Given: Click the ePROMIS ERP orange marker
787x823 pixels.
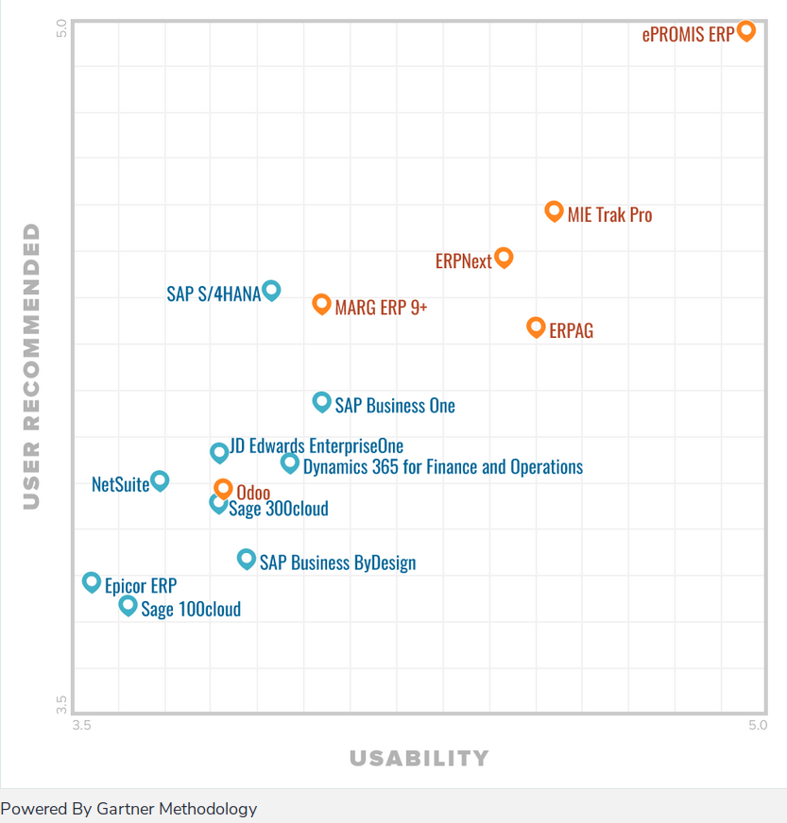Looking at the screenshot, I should point(745,30).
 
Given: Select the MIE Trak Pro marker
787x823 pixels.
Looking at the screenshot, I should point(554,210).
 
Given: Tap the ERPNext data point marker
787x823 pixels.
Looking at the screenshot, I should point(504,256).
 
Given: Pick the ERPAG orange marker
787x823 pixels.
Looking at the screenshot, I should point(536,327).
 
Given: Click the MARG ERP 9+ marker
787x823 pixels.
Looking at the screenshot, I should point(321,303).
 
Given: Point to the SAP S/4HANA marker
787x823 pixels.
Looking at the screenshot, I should point(271,289).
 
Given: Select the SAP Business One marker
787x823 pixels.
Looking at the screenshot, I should point(321,401).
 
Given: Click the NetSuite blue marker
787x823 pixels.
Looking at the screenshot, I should point(160,480).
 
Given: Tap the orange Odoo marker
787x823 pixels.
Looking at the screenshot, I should point(223,488).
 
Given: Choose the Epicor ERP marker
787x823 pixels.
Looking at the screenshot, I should point(91,581).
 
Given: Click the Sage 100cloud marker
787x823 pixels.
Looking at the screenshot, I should point(128,605).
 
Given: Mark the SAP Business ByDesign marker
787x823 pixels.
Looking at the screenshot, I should point(246,559).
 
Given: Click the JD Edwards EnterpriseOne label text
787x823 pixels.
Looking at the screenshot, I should point(316,446).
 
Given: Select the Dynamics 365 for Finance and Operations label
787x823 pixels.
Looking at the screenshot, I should point(442,466).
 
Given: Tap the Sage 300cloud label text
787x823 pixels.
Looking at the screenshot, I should point(279,509).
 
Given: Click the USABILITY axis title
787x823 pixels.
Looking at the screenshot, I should point(419,758).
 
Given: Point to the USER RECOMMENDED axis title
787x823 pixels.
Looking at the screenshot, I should point(32,366).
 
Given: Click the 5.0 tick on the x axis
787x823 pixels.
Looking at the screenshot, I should point(757,725).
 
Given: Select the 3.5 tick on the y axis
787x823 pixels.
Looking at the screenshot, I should point(61,704).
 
